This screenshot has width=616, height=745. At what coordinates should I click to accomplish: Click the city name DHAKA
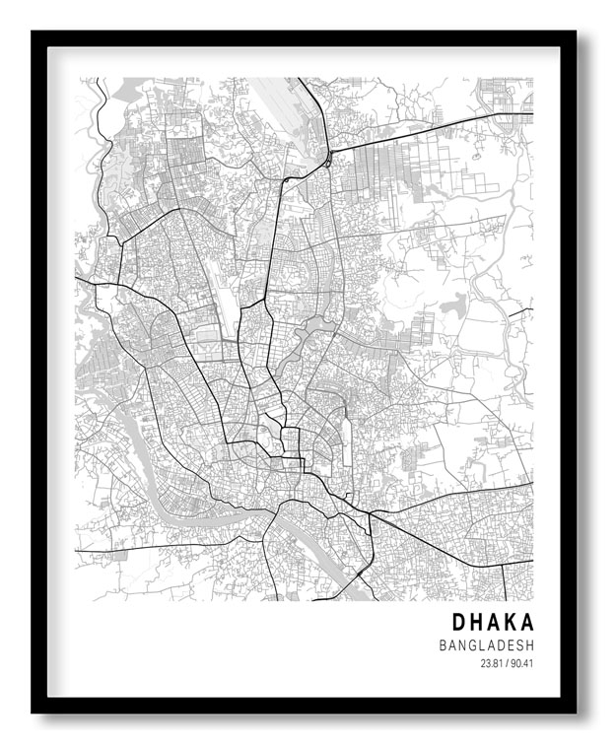[x=493, y=623]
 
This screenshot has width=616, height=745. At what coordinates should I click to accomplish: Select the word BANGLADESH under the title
[x=487, y=645]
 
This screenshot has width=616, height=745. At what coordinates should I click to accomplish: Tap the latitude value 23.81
[x=491, y=663]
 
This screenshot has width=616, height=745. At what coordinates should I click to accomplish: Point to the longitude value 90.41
[x=522, y=663]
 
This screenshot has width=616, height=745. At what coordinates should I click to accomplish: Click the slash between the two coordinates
[x=507, y=663]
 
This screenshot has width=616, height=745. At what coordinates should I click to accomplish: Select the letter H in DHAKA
[x=477, y=623]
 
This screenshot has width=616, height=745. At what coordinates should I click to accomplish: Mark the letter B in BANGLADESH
[x=445, y=645]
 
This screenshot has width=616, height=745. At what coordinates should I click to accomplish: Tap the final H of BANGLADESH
[x=529, y=645]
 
